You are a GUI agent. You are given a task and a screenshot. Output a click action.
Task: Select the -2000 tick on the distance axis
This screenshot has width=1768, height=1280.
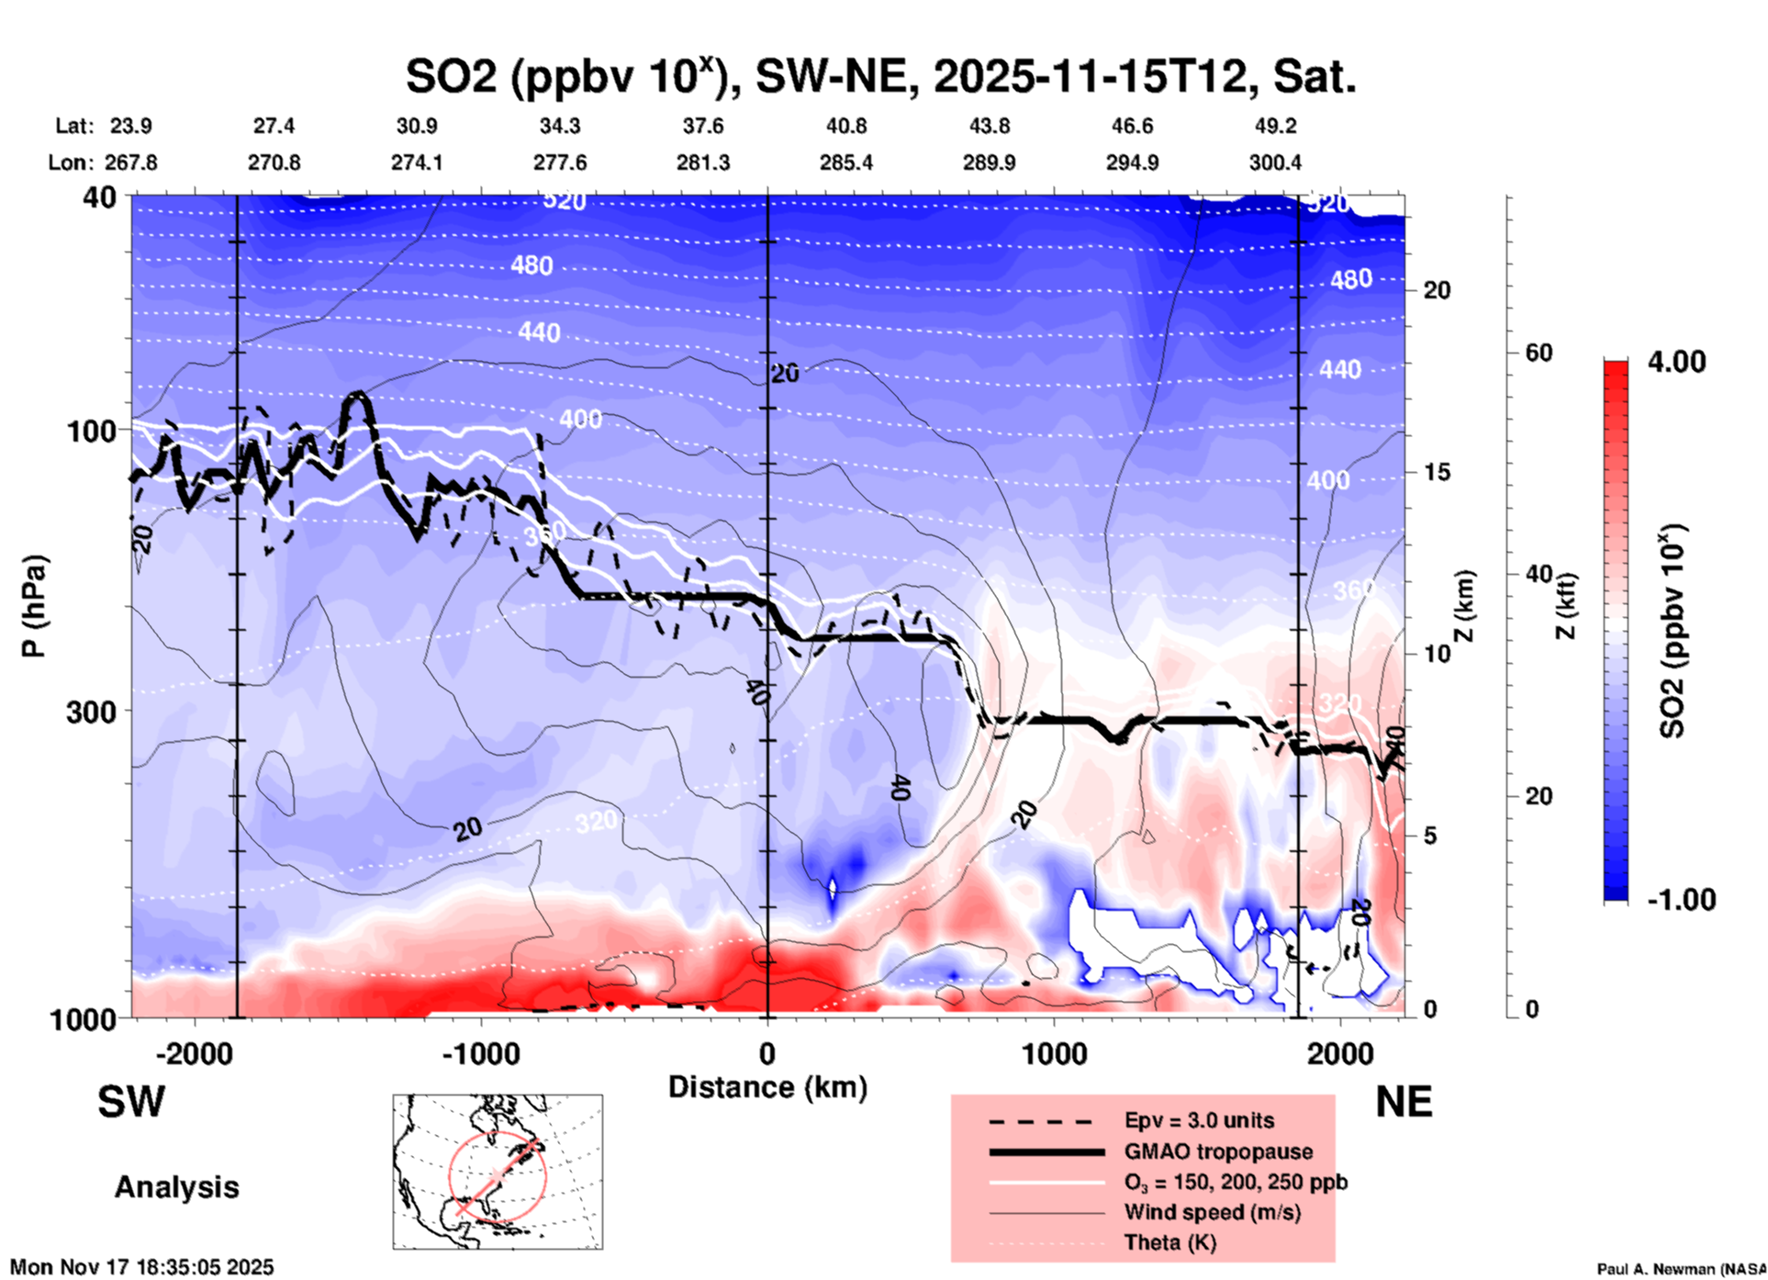[194, 1053]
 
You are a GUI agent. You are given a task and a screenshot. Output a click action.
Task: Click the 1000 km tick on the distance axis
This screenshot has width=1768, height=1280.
[1054, 1053]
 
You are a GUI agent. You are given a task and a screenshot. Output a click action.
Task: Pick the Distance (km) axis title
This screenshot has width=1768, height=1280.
[767, 1087]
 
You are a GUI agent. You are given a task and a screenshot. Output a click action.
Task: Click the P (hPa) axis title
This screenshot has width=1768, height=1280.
[35, 606]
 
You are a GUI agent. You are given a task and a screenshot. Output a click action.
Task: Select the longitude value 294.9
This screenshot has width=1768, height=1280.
[1132, 163]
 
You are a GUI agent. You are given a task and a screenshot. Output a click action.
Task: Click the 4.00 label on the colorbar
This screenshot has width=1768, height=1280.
[1676, 362]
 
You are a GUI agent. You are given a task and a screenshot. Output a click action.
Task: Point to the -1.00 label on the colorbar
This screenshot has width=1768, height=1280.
[1681, 900]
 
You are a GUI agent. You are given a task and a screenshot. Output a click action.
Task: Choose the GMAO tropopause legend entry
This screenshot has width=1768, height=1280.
[1218, 1151]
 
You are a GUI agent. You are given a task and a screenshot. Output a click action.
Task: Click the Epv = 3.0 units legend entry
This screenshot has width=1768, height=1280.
[1199, 1120]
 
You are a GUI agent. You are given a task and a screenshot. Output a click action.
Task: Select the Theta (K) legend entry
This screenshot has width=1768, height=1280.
[1169, 1242]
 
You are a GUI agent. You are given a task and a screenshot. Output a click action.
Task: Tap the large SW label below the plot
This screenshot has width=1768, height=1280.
[131, 1102]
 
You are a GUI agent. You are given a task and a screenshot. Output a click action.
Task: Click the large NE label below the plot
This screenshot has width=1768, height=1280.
[1404, 1102]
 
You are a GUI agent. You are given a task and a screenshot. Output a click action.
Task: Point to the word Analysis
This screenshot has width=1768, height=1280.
[176, 1187]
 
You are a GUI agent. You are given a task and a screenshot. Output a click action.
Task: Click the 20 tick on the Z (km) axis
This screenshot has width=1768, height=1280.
[1437, 291]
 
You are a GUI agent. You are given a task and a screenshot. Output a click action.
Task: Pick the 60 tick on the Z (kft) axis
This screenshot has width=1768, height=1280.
[1539, 353]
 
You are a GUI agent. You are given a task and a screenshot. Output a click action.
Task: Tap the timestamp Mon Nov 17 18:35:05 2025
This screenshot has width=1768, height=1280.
[142, 1267]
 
